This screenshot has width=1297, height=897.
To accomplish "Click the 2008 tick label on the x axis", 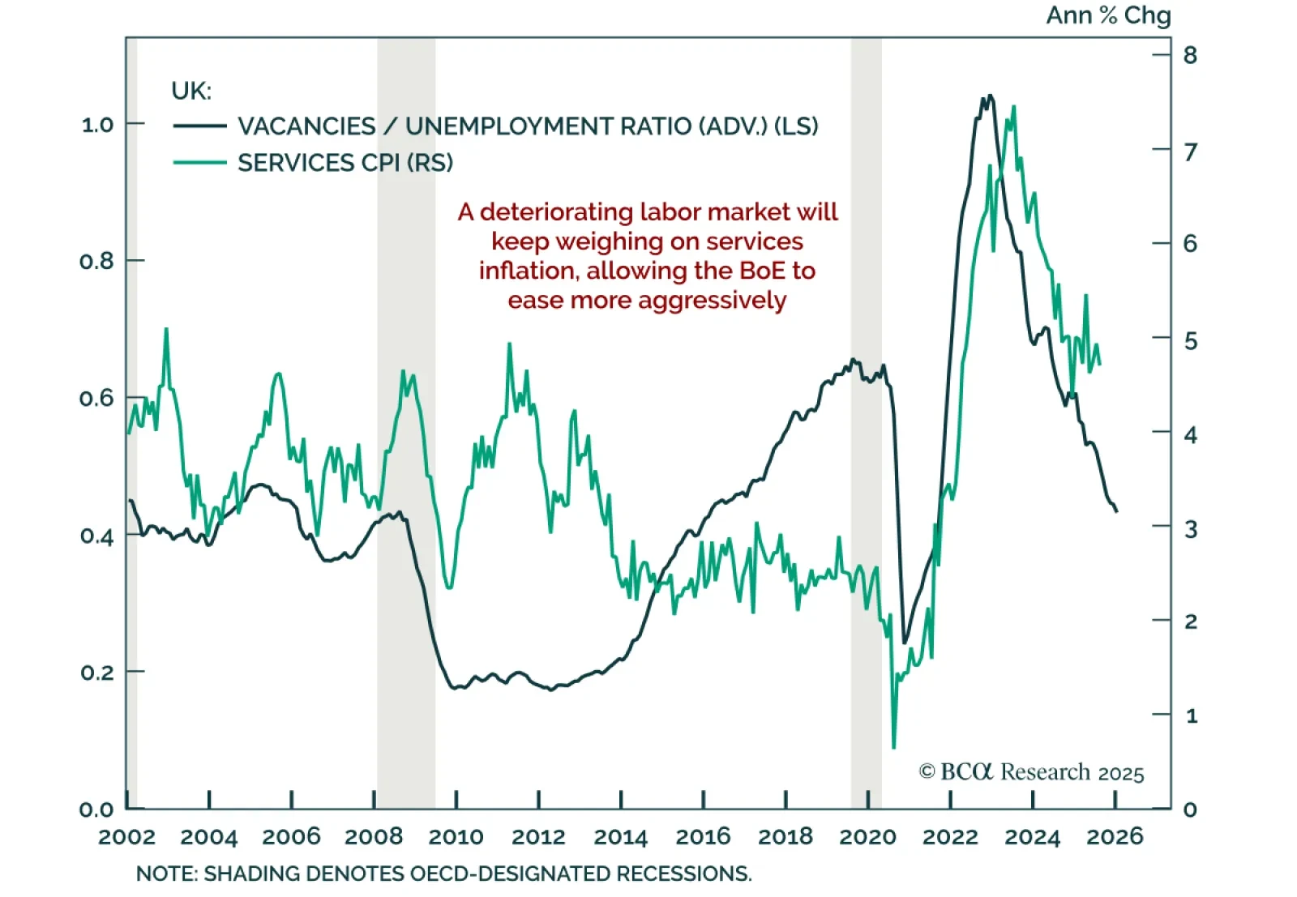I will point(374,836).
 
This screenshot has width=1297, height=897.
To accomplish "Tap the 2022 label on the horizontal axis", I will point(950,836).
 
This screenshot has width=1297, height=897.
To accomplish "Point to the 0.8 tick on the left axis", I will point(96,261).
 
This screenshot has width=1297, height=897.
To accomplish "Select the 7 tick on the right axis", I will point(1190,152).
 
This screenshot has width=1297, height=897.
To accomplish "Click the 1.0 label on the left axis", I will point(96,125).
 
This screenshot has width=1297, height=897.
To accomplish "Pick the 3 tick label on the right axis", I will point(1190,528).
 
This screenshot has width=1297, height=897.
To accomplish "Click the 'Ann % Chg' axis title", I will point(1107,15).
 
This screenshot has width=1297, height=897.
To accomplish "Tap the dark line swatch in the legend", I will point(199,126).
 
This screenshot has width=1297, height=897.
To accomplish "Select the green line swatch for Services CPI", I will point(199,163).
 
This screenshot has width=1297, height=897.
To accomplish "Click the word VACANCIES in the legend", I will point(306,126).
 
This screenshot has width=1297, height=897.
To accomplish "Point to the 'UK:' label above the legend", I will point(191,91).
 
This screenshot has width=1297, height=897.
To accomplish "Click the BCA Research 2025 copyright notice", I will point(1031,772).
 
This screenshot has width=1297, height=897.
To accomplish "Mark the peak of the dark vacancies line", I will point(988,96).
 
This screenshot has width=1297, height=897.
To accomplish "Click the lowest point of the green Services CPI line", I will point(893,747).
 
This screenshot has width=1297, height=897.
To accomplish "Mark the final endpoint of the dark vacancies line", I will point(1117,511).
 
